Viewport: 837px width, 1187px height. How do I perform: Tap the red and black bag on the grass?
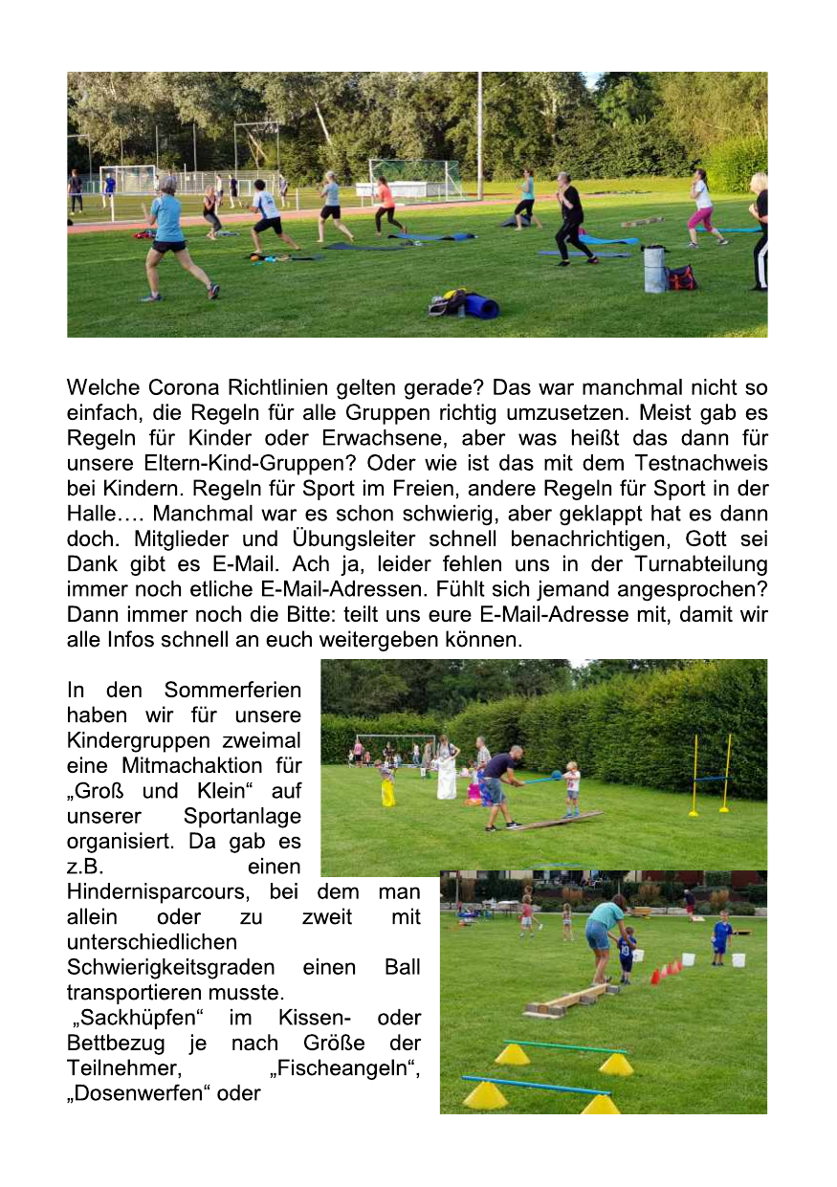point(681,277)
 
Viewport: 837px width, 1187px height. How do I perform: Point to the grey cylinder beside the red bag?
point(654,269)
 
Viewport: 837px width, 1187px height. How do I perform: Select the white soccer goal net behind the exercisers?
point(415,177)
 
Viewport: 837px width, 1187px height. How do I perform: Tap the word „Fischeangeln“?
point(345,1067)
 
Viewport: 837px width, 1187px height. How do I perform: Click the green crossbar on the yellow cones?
point(564,1046)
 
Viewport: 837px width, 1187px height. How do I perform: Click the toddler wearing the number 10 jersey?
point(627,952)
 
